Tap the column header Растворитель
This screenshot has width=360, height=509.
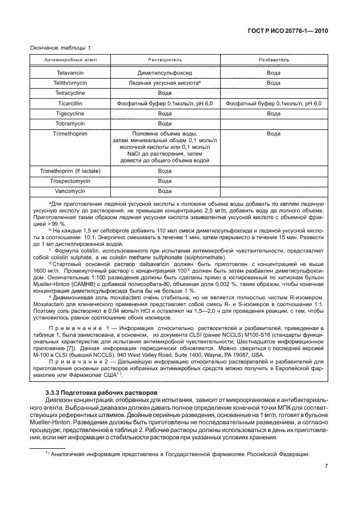pos(164,60)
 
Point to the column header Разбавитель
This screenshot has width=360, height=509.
pos(273,60)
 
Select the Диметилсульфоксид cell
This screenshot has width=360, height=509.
pos(164,73)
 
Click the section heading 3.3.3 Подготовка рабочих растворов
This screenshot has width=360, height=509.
pos(98,394)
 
